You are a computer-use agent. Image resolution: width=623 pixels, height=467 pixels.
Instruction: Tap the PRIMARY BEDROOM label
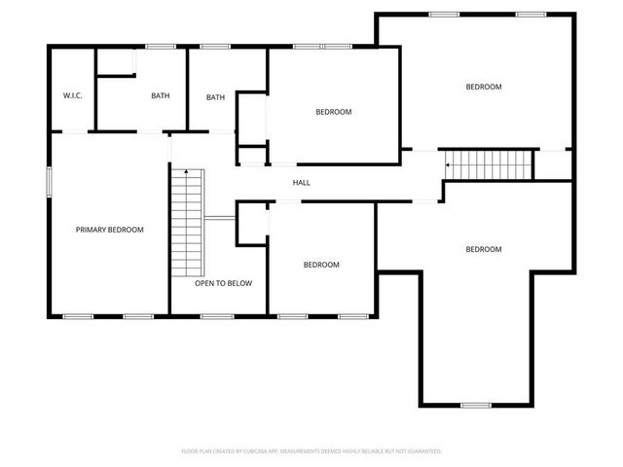(x=110, y=230)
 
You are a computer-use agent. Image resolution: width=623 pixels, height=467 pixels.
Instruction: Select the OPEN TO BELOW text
(x=223, y=283)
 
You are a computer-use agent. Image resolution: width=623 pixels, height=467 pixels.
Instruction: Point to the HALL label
(x=302, y=182)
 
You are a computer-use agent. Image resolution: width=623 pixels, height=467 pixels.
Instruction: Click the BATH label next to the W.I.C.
(x=161, y=96)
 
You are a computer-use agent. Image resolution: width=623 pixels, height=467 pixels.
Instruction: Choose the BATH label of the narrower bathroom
(x=215, y=97)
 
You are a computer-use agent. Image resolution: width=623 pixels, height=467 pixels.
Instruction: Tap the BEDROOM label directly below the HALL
(x=320, y=265)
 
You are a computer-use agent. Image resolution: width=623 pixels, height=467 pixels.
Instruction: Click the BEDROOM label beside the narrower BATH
(x=333, y=112)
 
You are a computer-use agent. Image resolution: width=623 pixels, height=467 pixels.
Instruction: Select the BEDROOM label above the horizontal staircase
(x=483, y=87)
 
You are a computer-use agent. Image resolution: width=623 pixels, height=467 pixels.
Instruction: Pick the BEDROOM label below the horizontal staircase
(x=483, y=249)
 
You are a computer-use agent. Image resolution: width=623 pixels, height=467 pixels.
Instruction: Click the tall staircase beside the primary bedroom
(x=187, y=222)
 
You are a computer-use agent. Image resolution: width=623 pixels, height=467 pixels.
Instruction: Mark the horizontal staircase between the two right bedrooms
(x=490, y=164)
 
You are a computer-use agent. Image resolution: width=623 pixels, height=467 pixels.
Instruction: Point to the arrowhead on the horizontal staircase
(x=448, y=165)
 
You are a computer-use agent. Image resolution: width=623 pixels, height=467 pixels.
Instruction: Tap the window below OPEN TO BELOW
(x=215, y=316)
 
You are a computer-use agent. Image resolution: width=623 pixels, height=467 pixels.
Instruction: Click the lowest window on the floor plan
(x=475, y=405)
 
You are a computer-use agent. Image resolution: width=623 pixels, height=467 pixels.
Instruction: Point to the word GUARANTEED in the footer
(x=421, y=451)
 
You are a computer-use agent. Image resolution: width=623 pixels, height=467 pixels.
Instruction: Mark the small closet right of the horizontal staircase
(x=552, y=164)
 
